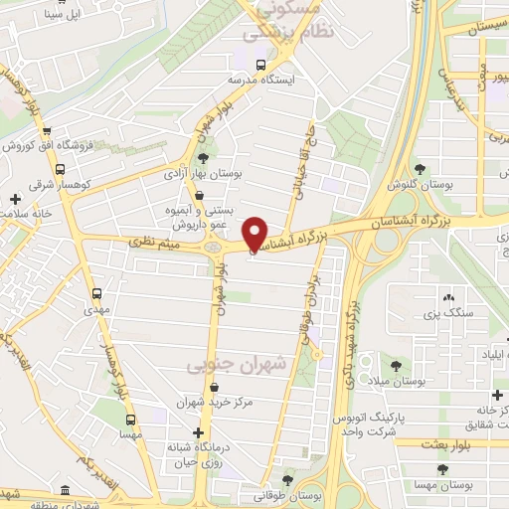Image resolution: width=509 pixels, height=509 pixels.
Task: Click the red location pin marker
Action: [x=255, y=233]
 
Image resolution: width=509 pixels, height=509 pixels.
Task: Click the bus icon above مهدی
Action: [x=96, y=293]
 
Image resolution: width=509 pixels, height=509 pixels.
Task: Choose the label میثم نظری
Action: [x=156, y=242]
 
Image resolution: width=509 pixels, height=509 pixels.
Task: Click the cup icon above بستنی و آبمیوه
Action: [x=203, y=196]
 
